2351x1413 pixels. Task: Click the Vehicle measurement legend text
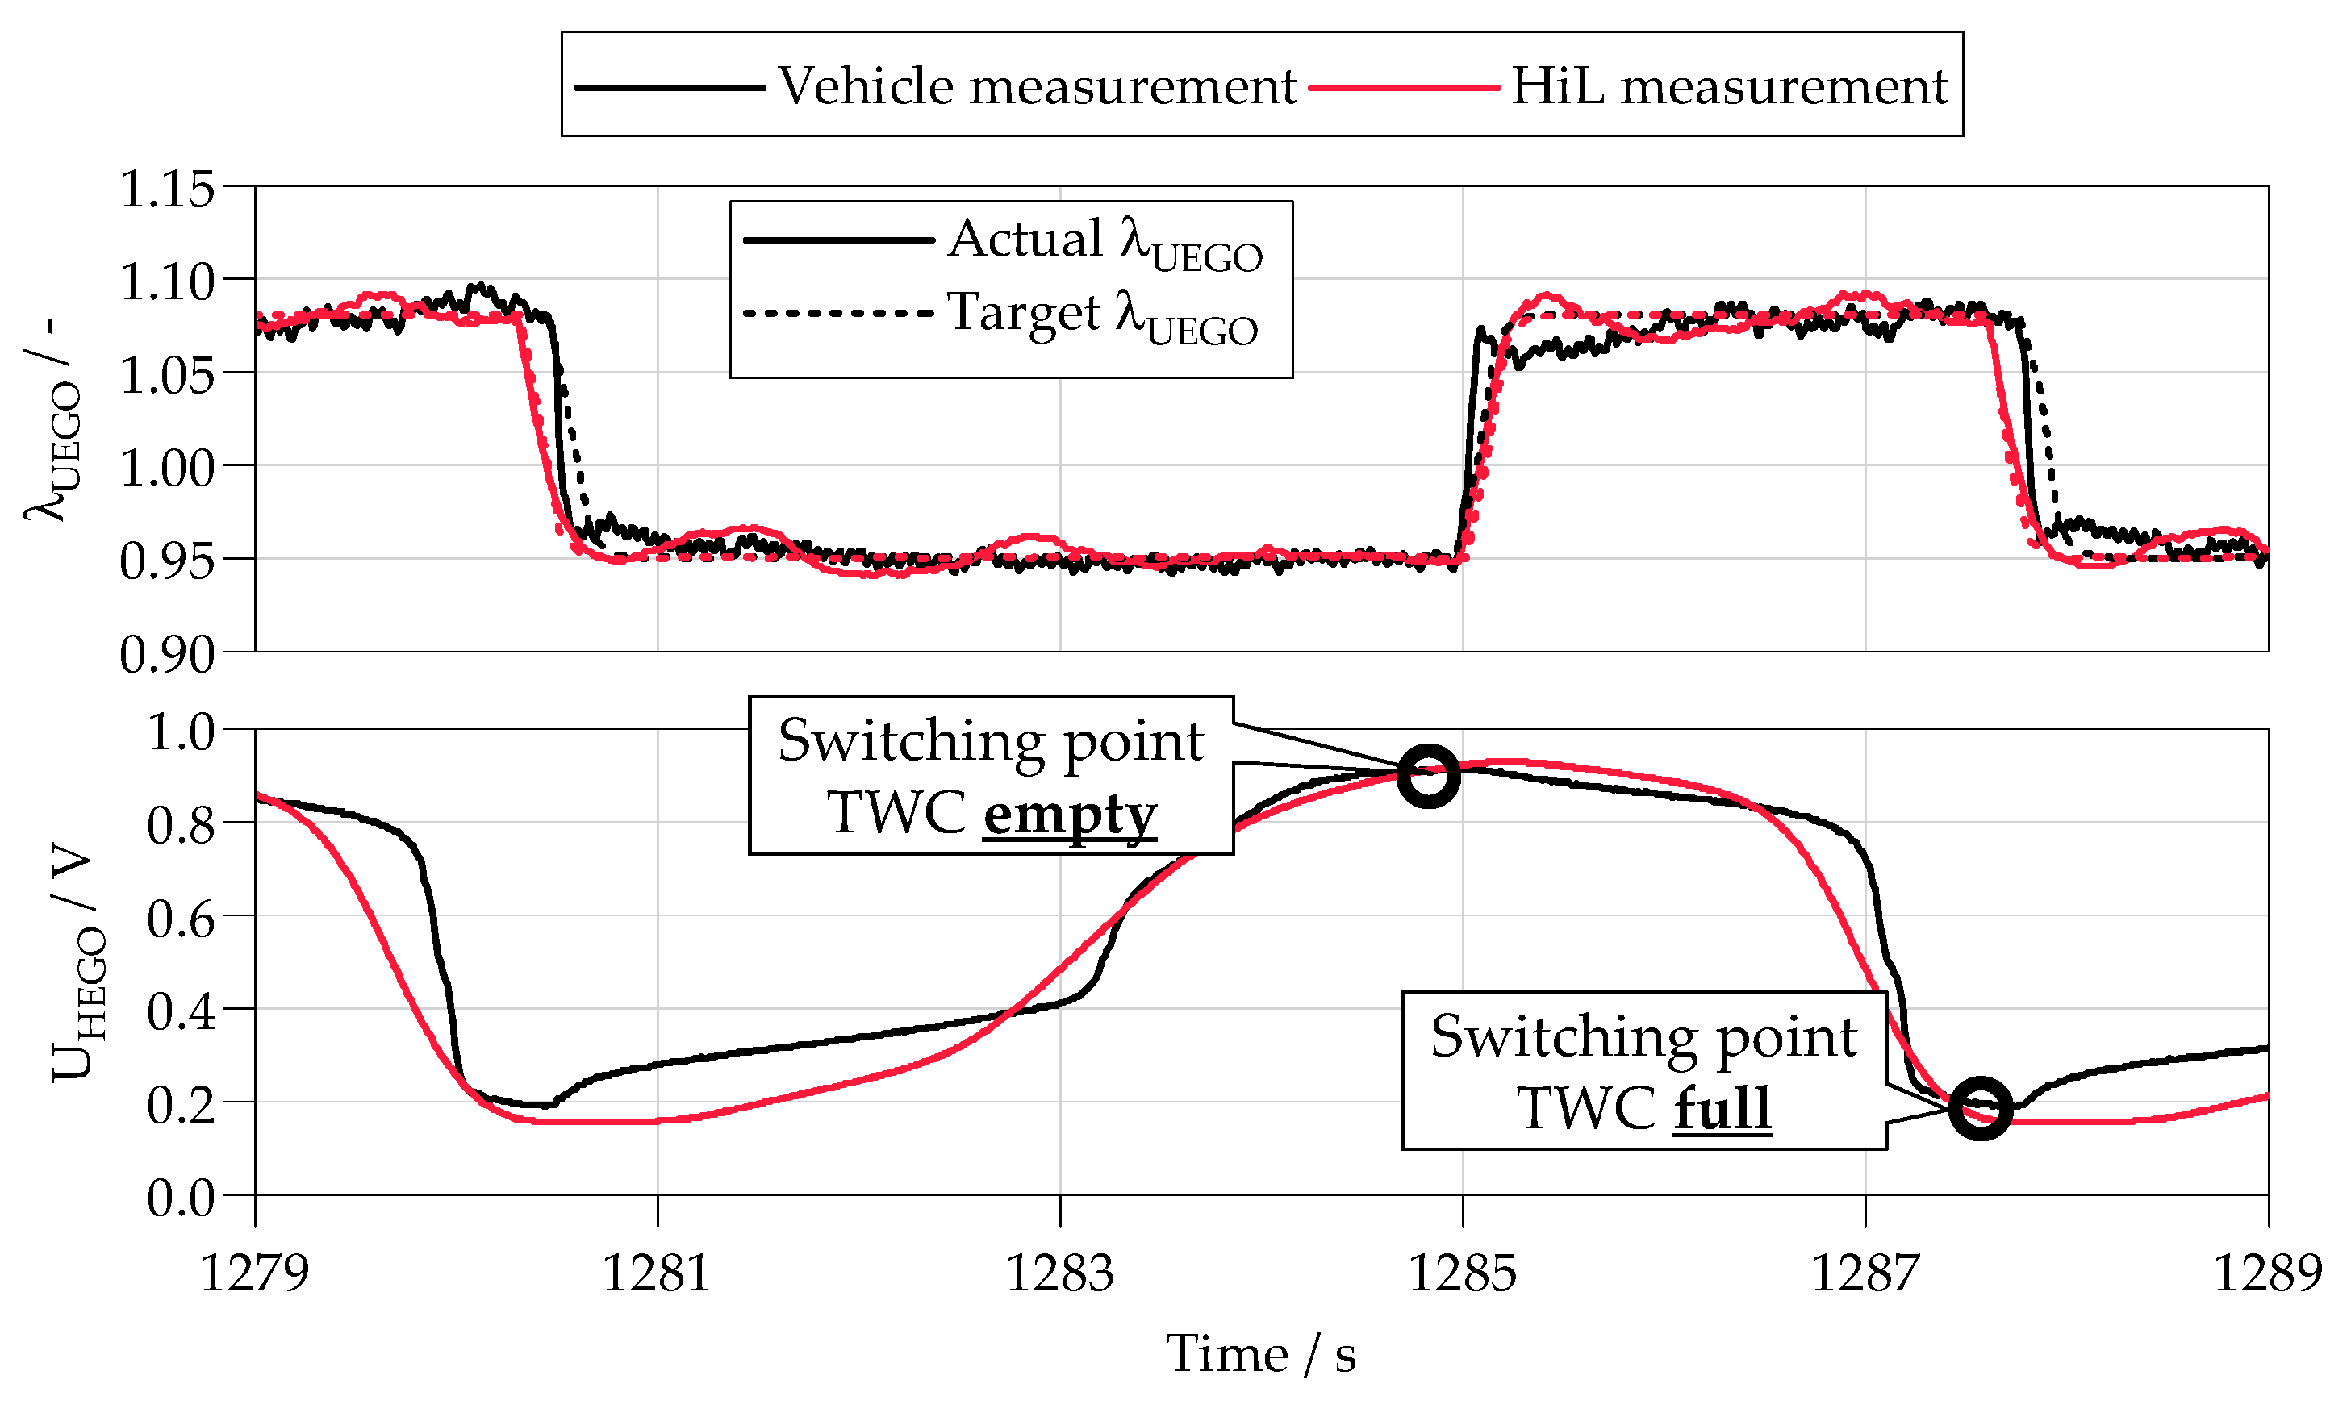pyautogui.click(x=1036, y=85)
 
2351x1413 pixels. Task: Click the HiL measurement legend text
pyautogui.click(x=1728, y=85)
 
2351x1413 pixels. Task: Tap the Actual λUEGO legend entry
pyautogui.click(x=1105, y=240)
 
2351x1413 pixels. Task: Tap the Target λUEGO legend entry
pyautogui.click(x=1102, y=315)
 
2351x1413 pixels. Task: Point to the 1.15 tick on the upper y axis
pyautogui.click(x=168, y=189)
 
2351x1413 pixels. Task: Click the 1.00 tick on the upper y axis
pyautogui.click(x=168, y=468)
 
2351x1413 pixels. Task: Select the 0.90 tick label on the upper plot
pyautogui.click(x=168, y=654)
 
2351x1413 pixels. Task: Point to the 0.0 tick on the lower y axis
pyautogui.click(x=181, y=1198)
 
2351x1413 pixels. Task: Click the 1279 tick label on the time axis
pyautogui.click(x=254, y=1273)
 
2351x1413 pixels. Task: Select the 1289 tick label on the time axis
pyautogui.click(x=2267, y=1273)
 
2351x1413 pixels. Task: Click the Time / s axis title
pyautogui.click(x=1261, y=1354)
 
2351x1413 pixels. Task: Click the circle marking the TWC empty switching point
pyautogui.click(x=1427, y=776)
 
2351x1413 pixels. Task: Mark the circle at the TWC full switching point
pyautogui.click(x=1980, y=1108)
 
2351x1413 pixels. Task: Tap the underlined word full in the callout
pyautogui.click(x=1722, y=1108)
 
